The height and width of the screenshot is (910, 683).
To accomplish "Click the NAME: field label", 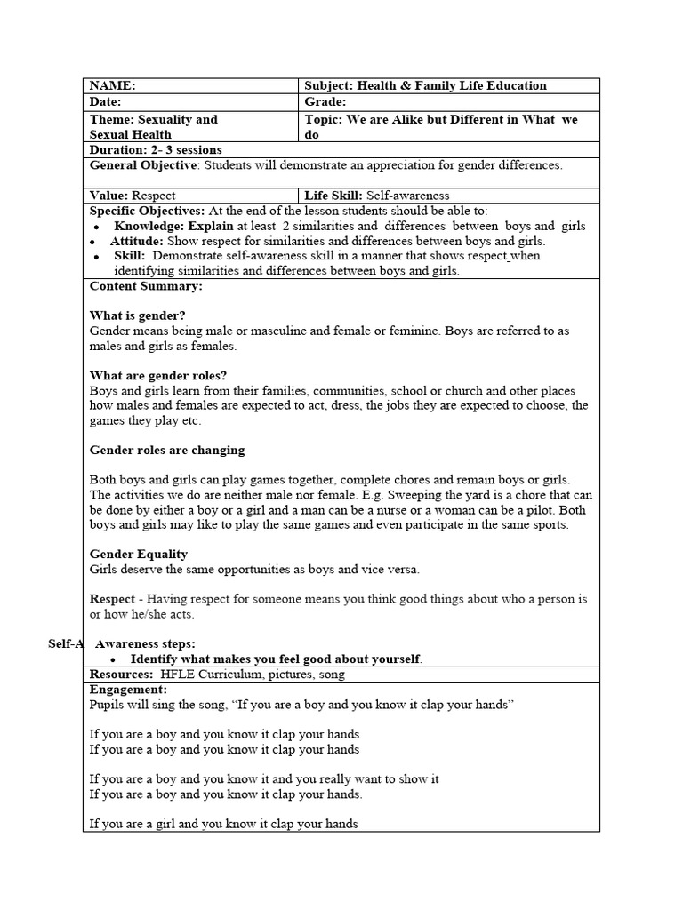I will pyautogui.click(x=113, y=86).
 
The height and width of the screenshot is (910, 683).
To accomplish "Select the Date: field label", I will pyautogui.click(x=108, y=103).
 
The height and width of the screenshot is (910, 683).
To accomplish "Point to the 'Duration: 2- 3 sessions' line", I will pyautogui.click(x=156, y=150).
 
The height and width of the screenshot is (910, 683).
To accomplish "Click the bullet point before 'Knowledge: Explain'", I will pyautogui.click(x=96, y=227).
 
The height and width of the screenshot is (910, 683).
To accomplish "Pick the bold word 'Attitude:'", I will pyautogui.click(x=137, y=241).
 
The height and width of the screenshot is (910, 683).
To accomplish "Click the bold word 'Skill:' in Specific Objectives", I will pyautogui.click(x=130, y=256).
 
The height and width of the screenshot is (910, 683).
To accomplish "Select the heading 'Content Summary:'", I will pyautogui.click(x=146, y=286).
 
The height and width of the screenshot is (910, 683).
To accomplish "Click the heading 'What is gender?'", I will pyautogui.click(x=138, y=315).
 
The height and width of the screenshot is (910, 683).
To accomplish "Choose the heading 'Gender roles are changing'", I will pyautogui.click(x=167, y=450).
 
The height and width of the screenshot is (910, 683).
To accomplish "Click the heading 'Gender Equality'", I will pyautogui.click(x=139, y=555).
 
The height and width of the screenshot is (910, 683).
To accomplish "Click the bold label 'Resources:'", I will pyautogui.click(x=119, y=675).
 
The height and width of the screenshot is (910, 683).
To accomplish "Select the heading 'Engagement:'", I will pyautogui.click(x=128, y=690).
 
